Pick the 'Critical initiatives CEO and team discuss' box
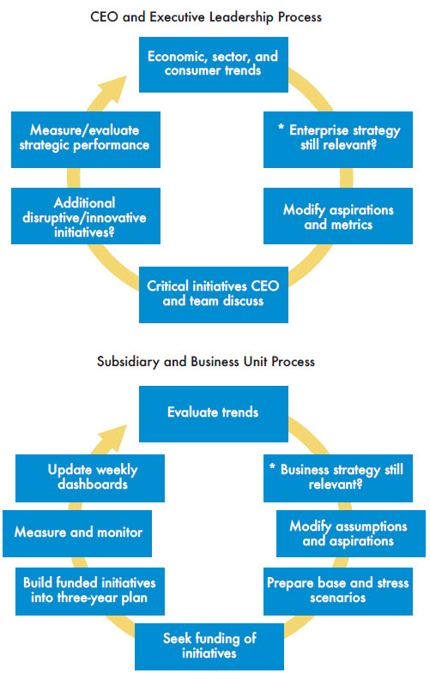pos(213,294)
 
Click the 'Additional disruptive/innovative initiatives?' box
pos(85,217)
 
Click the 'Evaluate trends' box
pos(213,412)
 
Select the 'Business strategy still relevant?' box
pos(342,478)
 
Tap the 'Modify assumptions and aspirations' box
pos(348,534)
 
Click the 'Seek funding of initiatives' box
pos(209,646)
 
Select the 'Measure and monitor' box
pos(78,532)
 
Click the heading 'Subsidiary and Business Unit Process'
pos(213,362)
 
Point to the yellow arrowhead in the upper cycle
pos(114,91)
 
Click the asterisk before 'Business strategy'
pos(273,470)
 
